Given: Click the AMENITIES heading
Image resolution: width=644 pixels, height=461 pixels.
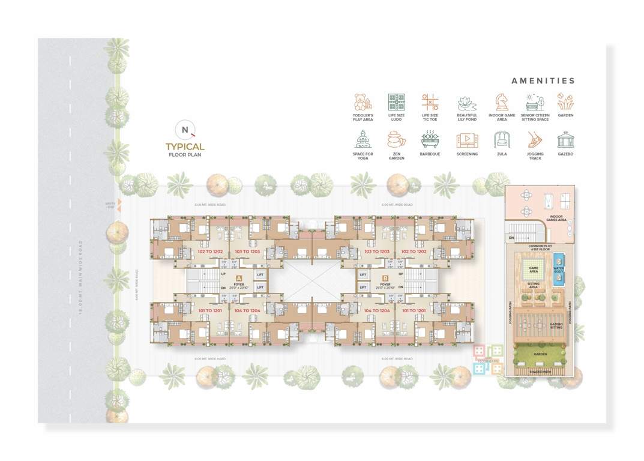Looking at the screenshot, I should coord(543,81).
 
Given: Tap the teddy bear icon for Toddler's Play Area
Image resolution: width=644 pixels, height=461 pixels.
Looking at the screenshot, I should coord(363,101).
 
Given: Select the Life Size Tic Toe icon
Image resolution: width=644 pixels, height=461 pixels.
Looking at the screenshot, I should coord(430,101).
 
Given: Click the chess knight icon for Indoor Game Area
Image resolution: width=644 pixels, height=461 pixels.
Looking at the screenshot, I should coord(501,101).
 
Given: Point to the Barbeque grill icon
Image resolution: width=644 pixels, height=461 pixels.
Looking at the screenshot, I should coord(430,140).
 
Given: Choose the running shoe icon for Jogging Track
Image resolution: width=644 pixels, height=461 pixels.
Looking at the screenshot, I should coord(535,140).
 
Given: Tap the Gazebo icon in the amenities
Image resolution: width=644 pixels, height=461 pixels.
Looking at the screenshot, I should coord(565,140).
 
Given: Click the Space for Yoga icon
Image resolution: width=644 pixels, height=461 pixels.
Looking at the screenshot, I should coord(363,140).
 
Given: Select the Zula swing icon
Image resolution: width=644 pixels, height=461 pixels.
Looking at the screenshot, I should coord(501,140).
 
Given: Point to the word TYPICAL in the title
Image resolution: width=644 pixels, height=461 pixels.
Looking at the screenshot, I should coord(185,146).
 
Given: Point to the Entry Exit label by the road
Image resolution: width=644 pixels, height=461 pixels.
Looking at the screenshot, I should coord(110,205).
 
